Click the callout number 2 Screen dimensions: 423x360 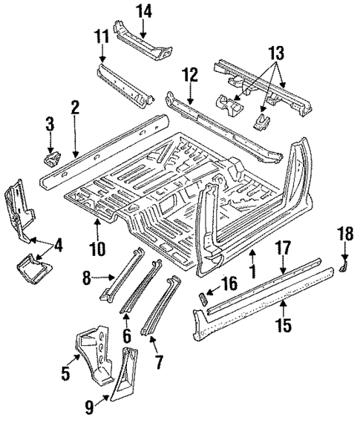click(75, 107)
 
